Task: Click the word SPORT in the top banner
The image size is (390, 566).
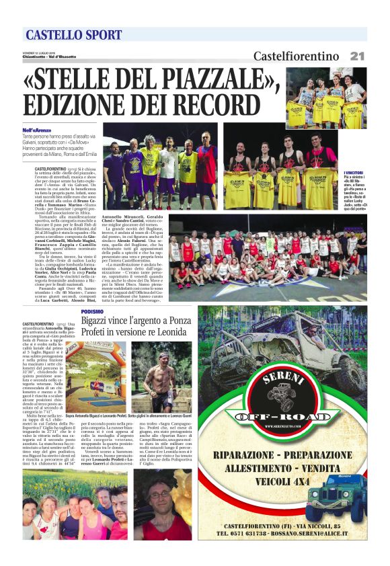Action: tap(99, 35)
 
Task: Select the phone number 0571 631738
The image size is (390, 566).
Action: tap(246, 532)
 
